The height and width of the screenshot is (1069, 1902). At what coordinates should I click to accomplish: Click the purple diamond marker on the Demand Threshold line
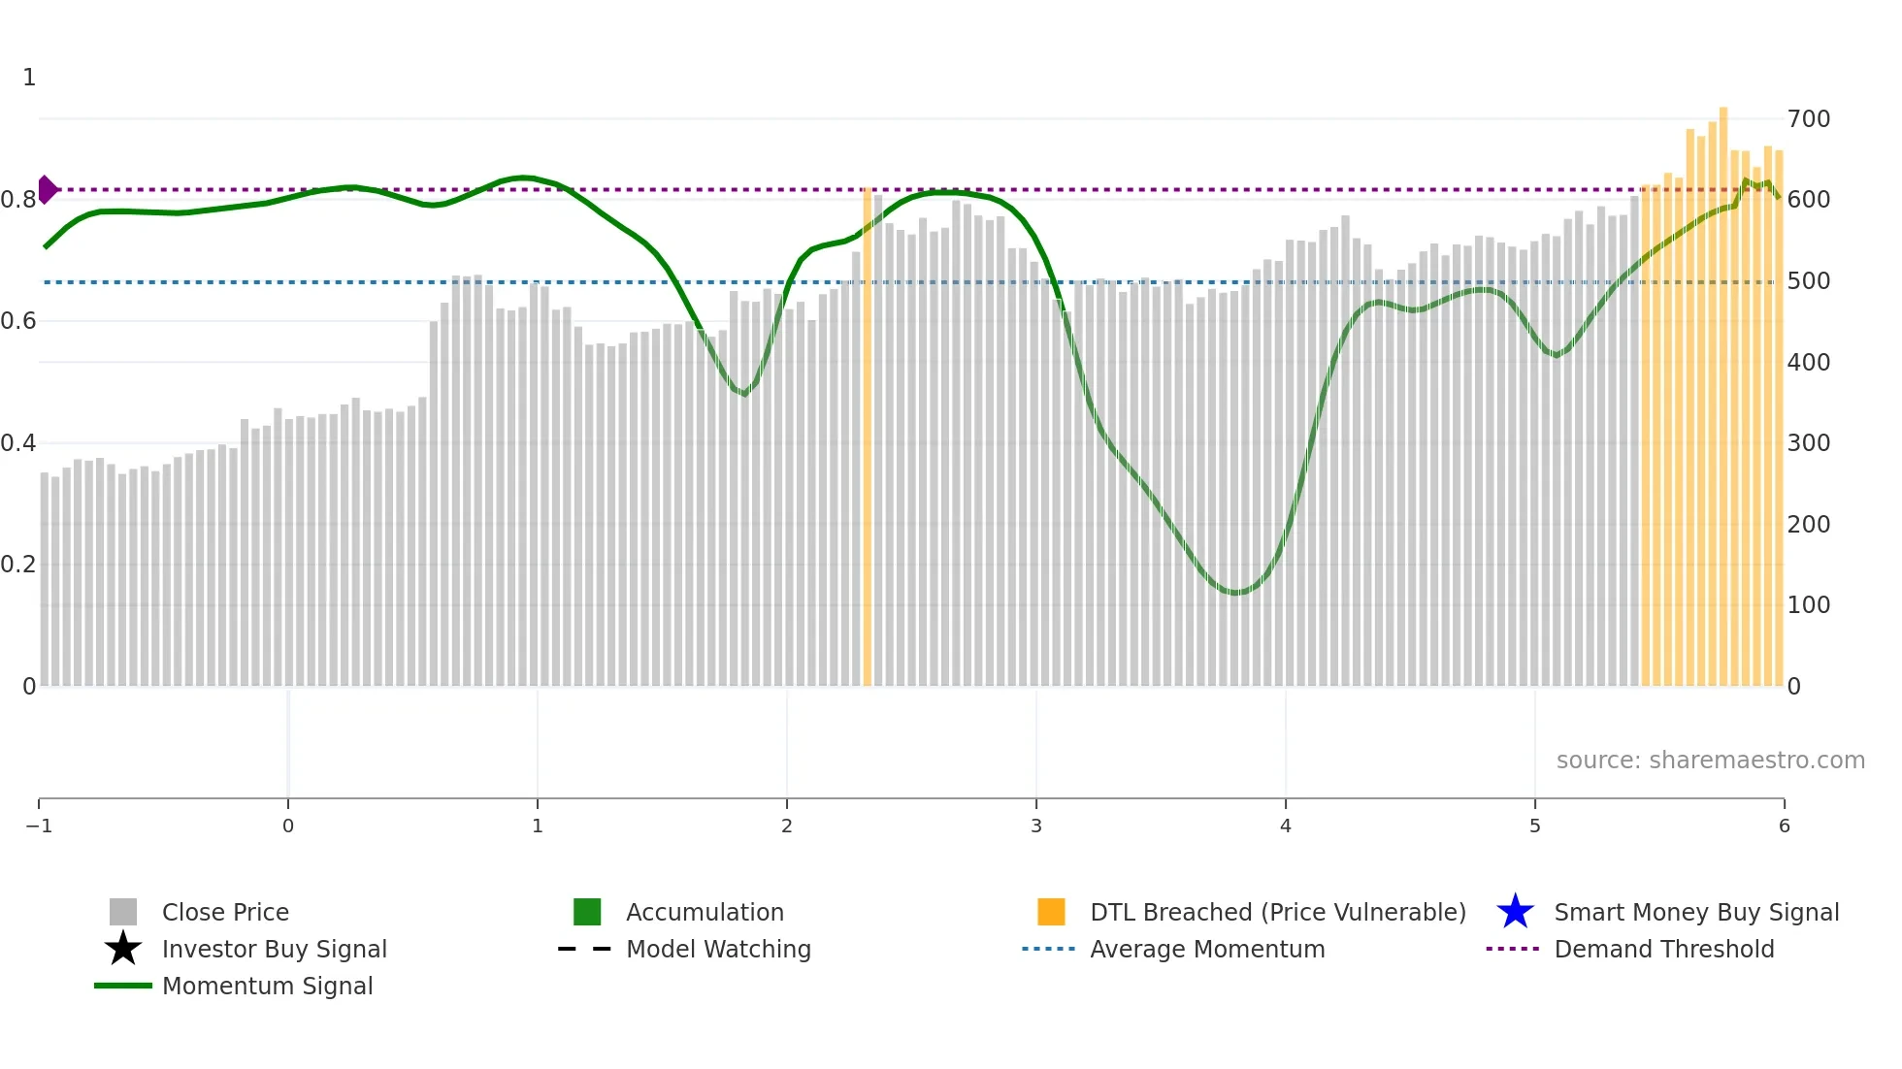[x=47, y=189]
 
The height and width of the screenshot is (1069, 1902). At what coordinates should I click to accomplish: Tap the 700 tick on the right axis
[x=1808, y=119]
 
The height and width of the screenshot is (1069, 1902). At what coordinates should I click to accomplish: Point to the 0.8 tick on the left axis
[x=18, y=200]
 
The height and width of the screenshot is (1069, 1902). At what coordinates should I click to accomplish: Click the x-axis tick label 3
[x=1036, y=826]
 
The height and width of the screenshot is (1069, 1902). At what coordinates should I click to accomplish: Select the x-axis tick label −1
[x=39, y=826]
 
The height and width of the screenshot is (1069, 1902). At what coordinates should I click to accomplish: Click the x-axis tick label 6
[x=1784, y=826]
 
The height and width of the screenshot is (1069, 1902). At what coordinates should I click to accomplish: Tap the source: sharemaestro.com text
[x=1710, y=760]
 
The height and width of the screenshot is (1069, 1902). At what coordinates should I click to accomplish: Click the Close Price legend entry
[x=225, y=912]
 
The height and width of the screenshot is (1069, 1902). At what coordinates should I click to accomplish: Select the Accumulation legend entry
[x=705, y=912]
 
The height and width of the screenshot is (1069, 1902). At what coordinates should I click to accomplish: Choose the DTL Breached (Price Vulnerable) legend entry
[x=1277, y=912]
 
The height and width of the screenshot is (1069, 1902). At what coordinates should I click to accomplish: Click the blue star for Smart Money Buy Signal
[x=1515, y=912]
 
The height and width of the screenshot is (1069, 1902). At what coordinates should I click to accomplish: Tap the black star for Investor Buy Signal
[x=123, y=949]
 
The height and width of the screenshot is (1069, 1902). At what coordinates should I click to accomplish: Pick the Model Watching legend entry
[x=718, y=949]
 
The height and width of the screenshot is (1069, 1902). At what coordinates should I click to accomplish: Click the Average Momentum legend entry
[x=1207, y=949]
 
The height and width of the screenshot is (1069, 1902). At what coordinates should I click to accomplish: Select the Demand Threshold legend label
[x=1663, y=949]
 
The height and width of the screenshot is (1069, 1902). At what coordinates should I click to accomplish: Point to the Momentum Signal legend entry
[x=267, y=986]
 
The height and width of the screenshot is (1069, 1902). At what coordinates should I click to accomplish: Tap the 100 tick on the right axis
[x=1808, y=605]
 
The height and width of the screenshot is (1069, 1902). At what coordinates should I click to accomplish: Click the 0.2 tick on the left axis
[x=18, y=565]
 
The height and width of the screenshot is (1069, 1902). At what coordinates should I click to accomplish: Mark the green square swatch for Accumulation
[x=587, y=912]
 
